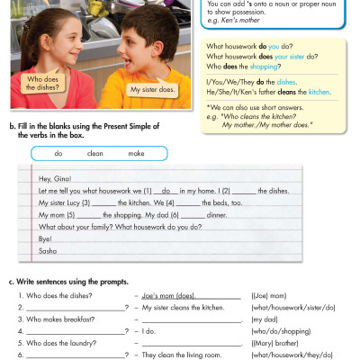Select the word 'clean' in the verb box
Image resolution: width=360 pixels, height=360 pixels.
point(95,154)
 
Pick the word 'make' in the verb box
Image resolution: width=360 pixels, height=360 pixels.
point(137,154)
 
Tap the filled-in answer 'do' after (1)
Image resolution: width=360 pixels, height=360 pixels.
point(163,192)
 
